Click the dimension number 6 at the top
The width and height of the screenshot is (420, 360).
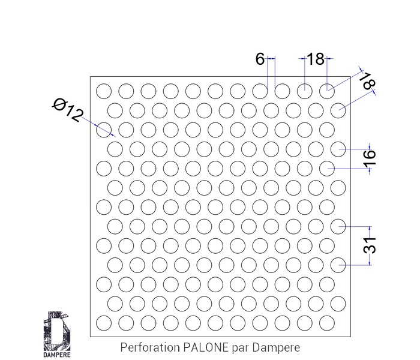[x=260, y=59]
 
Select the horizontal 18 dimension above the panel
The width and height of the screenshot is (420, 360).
[x=315, y=59]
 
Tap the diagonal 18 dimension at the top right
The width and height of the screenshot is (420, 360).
[x=367, y=82]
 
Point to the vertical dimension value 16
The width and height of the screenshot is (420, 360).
[x=370, y=157]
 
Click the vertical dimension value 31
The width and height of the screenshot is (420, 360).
[x=370, y=245]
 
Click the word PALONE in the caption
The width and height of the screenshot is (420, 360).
[x=201, y=347]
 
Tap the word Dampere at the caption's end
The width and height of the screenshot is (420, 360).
[x=275, y=347]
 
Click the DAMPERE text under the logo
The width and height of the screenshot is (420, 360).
[x=58, y=353]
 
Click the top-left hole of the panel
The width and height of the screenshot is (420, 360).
[x=104, y=91]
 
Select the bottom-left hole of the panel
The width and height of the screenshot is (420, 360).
[x=104, y=322]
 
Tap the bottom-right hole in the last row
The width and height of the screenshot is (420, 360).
[x=327, y=322]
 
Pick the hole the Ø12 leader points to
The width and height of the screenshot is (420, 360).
[x=104, y=129]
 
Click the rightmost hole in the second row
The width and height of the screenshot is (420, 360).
[x=339, y=110]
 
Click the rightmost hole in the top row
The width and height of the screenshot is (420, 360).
[x=327, y=91]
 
